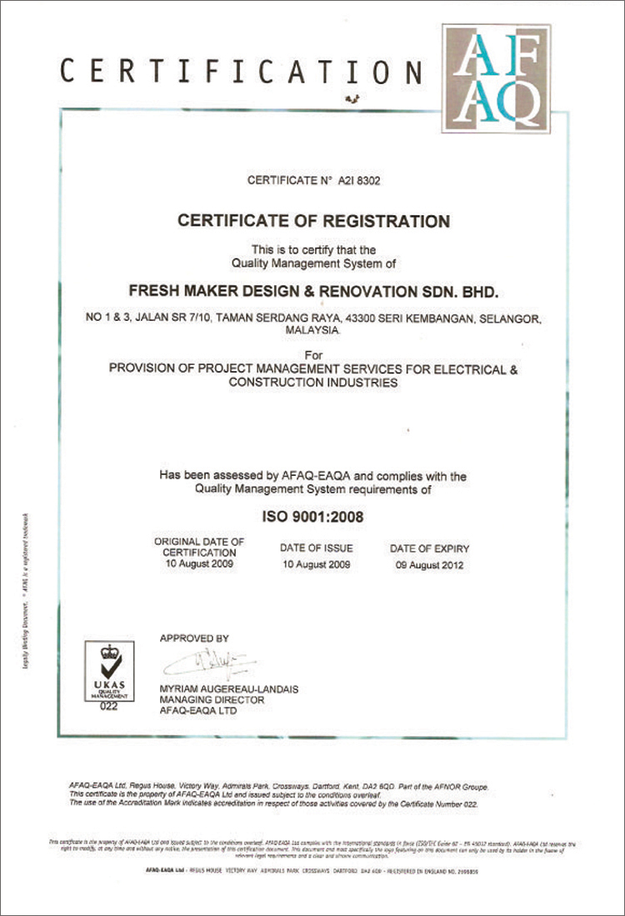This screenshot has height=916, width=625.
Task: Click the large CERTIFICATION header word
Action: (x=242, y=72)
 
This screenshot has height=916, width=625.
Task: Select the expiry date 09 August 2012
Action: (x=429, y=565)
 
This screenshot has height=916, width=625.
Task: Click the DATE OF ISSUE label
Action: (x=316, y=548)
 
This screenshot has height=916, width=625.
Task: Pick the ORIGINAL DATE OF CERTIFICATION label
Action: (x=200, y=547)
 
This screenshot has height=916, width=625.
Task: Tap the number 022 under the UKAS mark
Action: (x=109, y=707)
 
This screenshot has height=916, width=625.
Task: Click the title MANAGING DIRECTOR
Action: (x=212, y=700)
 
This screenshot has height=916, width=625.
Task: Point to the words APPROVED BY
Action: (x=193, y=638)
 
